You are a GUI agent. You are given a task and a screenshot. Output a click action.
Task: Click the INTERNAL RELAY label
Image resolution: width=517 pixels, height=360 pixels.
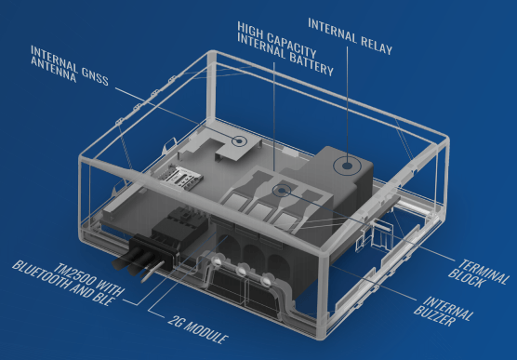pos(351,35)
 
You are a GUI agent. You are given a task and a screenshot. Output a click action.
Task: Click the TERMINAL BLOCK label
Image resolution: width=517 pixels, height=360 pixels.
pos(479,273)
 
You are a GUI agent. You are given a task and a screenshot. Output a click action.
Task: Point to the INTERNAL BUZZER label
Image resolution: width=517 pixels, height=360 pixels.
pos(444,312)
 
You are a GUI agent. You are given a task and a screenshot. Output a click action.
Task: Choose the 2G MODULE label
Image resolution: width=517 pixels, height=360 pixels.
pos(198,329)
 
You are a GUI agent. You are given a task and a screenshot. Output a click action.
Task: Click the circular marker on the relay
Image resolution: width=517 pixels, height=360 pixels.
pos(346,166)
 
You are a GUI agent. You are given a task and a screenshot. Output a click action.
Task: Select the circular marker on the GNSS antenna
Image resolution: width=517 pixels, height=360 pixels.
pos(239,141)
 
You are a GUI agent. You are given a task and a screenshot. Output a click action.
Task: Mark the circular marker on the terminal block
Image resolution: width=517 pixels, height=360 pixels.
pos(282,191)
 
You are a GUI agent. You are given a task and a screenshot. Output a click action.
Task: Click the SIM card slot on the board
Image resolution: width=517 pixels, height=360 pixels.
pos(180,179)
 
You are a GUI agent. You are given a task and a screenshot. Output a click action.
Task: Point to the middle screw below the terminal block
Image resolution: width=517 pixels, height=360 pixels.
pos(242,271)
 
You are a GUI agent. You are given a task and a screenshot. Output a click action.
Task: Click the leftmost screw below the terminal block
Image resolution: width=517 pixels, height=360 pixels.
pos(217,261)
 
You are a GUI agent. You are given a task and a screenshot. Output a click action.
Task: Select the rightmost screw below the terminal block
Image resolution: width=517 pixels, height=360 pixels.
pos(265,281)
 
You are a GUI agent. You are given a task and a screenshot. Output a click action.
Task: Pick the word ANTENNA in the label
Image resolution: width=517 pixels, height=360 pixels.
pos(53,71)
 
